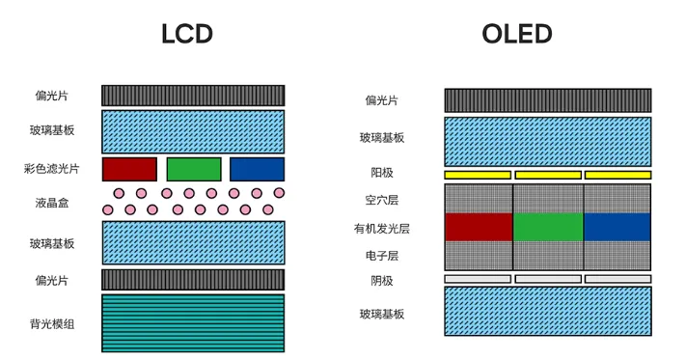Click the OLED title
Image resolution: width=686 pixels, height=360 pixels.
click(x=517, y=36)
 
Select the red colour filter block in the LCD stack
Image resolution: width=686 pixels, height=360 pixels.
click(x=129, y=169)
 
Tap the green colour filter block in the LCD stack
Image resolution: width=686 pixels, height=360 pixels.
click(x=194, y=169)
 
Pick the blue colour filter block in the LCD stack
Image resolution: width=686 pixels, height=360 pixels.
click(x=257, y=169)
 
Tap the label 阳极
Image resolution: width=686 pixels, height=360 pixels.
click(x=382, y=174)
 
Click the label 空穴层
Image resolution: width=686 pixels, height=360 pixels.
click(x=382, y=200)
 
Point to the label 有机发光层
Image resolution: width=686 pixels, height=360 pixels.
click(x=382, y=229)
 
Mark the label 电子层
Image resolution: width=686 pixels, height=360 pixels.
click(x=382, y=256)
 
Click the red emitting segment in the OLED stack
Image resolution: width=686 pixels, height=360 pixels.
click(x=479, y=227)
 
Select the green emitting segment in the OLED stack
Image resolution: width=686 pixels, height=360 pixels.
click(x=548, y=227)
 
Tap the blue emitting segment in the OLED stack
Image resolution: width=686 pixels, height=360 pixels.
click(x=617, y=227)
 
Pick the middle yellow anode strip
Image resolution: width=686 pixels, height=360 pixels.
click(x=548, y=175)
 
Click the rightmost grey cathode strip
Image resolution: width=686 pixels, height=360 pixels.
click(x=617, y=278)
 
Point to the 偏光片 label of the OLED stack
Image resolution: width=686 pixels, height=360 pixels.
click(x=382, y=100)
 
